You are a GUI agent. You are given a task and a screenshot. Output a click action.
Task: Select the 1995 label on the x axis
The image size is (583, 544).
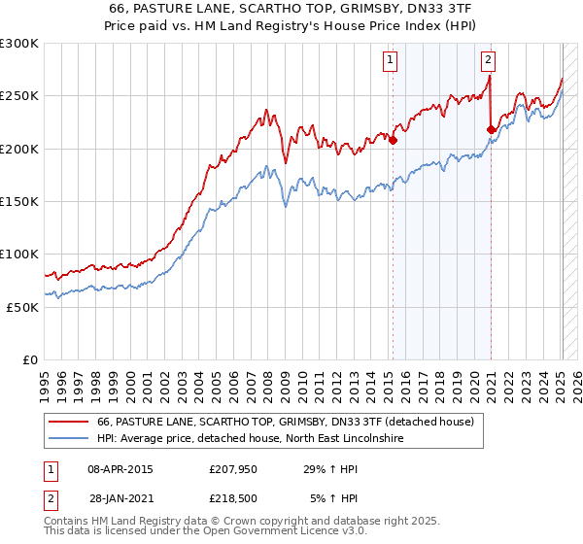[x=45, y=379]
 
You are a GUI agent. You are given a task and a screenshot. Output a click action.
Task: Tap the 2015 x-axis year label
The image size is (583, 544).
[x=389, y=379]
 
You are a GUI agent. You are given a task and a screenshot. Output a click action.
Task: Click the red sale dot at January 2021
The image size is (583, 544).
[x=492, y=128]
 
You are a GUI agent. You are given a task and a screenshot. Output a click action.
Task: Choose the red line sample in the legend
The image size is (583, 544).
[x=68, y=423]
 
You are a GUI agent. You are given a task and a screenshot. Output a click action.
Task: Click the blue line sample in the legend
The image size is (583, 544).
[x=68, y=439]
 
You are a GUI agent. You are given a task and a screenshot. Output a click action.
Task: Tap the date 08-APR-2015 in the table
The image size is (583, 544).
[x=120, y=470]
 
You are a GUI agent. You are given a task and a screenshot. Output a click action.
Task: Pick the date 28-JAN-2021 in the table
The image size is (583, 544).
[x=120, y=497]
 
